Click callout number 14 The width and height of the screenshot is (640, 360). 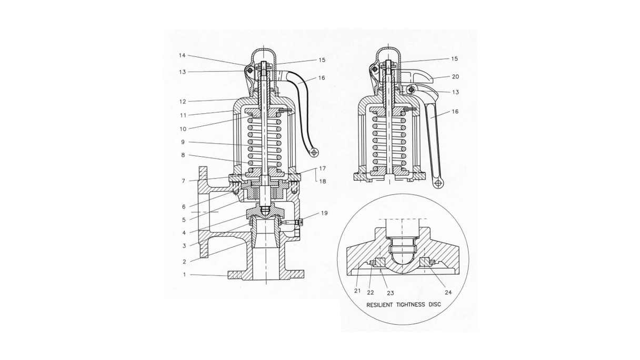182,56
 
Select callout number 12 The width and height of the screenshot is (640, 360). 182,101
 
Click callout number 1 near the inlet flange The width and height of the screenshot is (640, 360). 184,275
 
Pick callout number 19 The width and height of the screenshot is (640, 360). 324,213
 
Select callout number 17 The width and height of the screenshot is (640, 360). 322,169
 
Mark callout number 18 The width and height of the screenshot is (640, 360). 322,181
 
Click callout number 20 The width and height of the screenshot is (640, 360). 455,77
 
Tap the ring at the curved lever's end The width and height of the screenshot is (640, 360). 314,152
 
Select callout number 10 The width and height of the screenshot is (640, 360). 182,128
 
